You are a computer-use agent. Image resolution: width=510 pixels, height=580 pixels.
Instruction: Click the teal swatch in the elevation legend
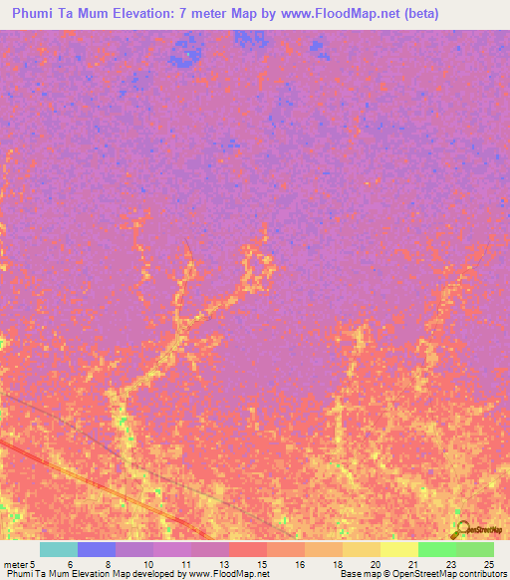pos(59,549)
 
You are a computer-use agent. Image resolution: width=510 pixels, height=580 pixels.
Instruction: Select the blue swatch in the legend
pos(97,549)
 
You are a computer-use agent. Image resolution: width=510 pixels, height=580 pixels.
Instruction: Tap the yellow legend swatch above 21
pos(399,549)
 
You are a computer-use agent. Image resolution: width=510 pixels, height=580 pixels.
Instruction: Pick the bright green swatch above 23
pos(437,549)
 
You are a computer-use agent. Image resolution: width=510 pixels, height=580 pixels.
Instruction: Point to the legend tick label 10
pos(147,564)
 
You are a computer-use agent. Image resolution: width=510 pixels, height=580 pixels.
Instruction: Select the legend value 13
pos(223,564)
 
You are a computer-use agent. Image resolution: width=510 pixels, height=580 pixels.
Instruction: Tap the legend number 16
pos(299,564)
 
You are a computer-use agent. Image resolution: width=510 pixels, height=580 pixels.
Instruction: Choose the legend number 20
pos(375,564)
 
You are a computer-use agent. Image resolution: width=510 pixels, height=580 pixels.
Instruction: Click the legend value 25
pos(488,564)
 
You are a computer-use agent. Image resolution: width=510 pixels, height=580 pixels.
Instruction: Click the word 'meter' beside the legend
pos(16,564)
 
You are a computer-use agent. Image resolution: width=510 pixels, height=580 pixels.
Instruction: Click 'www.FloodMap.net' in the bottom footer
pos(229,574)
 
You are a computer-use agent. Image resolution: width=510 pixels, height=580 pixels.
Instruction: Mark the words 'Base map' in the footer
pos(359,574)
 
